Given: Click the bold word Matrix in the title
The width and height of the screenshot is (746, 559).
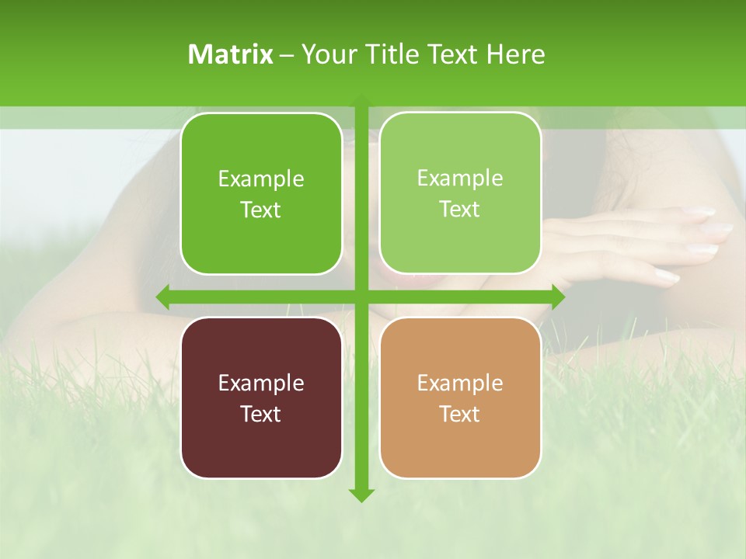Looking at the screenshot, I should point(230,54).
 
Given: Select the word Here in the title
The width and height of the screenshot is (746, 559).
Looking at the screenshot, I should point(516,54).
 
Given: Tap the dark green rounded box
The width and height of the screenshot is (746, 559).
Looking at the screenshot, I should point(261,194).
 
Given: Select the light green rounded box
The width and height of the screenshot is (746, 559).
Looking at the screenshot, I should point(460,193).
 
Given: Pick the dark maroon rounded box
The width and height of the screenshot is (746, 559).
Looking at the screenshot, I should point(261,398).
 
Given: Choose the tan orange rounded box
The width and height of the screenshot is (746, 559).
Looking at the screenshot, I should point(460,398).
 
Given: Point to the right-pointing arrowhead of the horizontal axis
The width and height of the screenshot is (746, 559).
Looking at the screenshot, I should point(558,297).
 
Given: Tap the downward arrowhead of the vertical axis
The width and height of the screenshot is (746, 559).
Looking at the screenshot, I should point(361,495).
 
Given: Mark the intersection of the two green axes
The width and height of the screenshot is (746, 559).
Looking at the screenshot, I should point(361,297).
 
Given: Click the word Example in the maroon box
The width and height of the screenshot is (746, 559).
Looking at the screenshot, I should point(261,383).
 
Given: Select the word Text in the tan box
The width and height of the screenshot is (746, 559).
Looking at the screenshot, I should point(460,414).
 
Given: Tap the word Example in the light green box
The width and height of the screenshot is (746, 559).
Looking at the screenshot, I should point(460,178).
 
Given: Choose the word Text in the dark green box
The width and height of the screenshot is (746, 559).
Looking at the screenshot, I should point(261,210).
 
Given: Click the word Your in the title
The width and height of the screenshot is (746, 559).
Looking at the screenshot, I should point(326,54).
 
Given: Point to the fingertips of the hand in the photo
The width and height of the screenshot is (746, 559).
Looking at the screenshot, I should point(719,229).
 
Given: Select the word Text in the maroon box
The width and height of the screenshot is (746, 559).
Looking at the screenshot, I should point(261,414).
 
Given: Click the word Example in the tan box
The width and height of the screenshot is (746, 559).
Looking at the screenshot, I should point(460,383).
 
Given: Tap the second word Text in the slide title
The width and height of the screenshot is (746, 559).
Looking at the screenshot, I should point(455,54).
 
